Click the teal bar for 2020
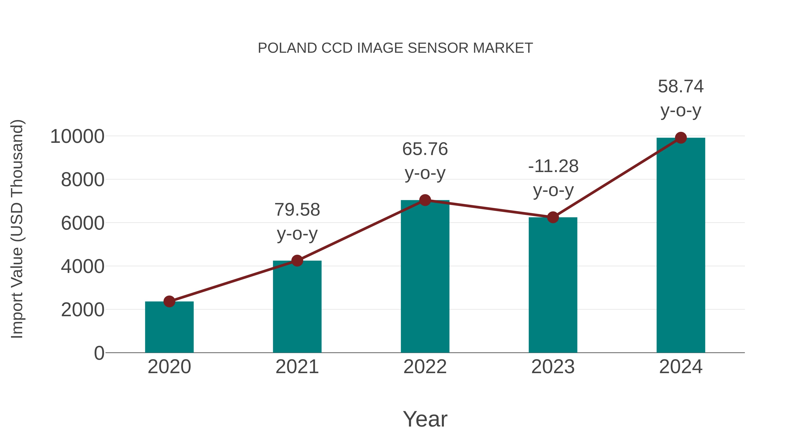click(169, 327)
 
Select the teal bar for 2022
click(425, 276)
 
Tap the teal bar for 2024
click(681, 246)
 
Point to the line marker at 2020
click(169, 301)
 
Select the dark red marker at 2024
click(681, 138)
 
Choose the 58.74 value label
click(681, 87)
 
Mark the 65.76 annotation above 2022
click(425, 149)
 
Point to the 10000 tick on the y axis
click(77, 136)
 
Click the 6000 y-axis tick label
click(83, 223)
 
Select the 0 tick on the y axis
click(99, 353)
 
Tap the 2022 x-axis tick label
click(425, 367)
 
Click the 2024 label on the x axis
click(681, 367)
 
